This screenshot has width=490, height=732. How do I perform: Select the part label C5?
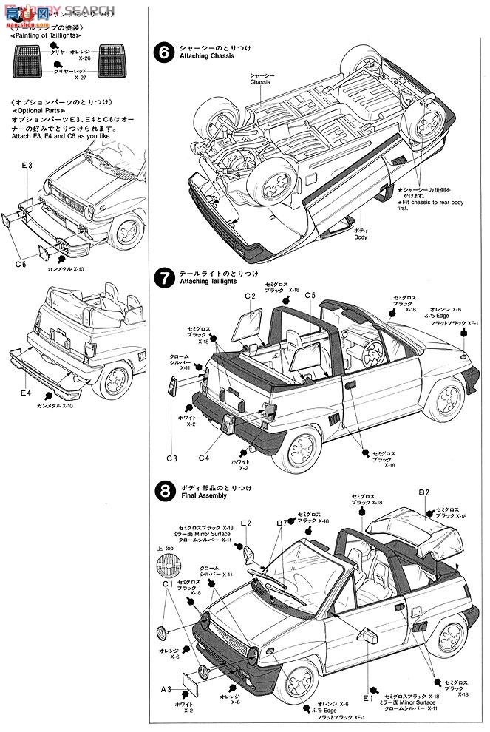click(309, 296)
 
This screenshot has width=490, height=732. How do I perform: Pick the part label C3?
click(171, 458)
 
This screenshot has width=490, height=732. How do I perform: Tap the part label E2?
click(246, 523)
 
